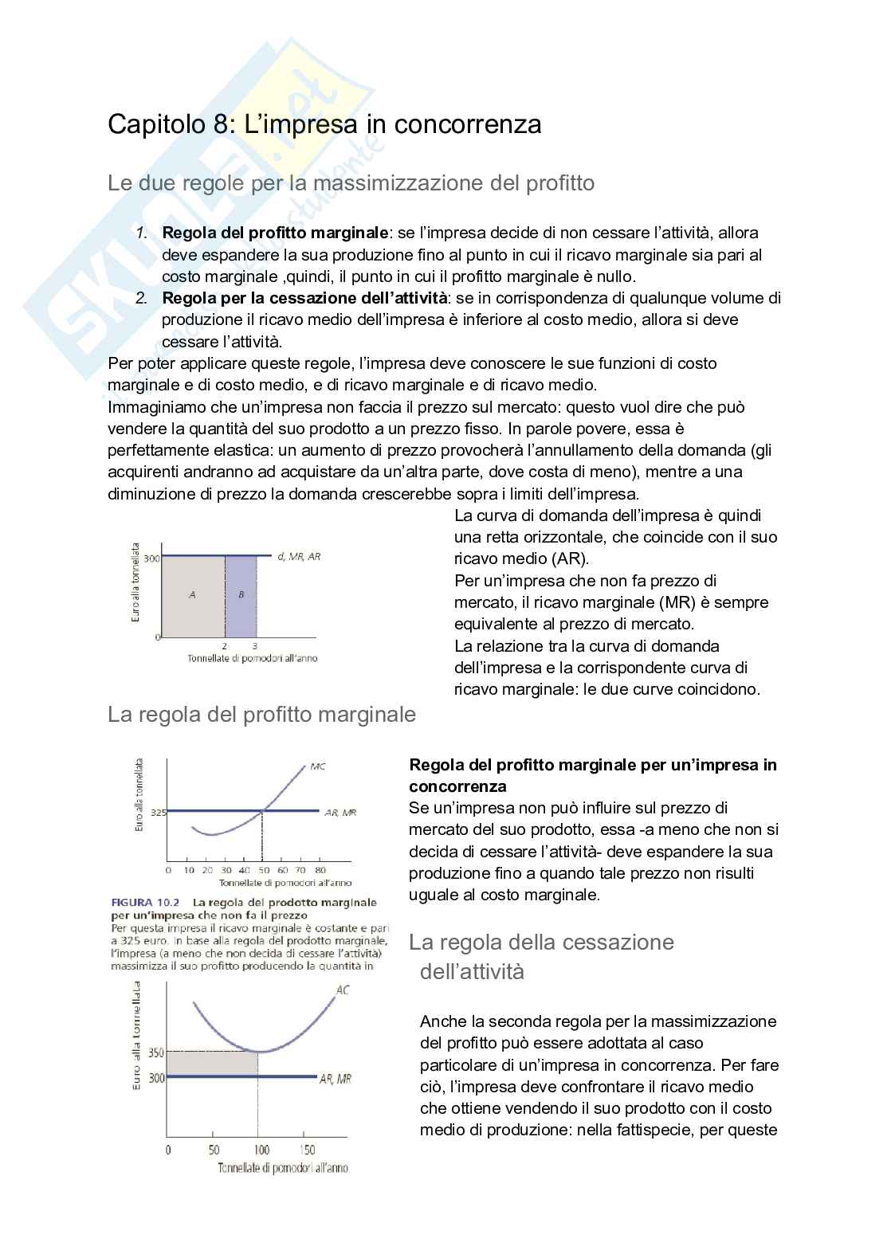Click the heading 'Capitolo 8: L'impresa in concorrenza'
(324, 124)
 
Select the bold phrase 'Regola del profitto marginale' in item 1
(275, 233)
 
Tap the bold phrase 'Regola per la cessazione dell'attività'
(304, 299)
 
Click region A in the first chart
(192, 594)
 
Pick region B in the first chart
(241, 594)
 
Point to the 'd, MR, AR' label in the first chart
(299, 557)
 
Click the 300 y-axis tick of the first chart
(151, 558)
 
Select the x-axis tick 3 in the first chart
(255, 646)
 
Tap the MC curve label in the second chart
(317, 766)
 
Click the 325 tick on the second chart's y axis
(159, 813)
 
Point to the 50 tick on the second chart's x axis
(264, 870)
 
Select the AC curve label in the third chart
(343, 990)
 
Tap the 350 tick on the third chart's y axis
(156, 1052)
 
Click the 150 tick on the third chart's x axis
(308, 1150)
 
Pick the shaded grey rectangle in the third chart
(212, 1064)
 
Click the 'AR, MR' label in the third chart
(335, 1079)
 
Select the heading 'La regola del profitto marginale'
(261, 715)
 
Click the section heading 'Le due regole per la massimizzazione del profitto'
(351, 183)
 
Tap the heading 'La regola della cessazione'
(541, 943)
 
